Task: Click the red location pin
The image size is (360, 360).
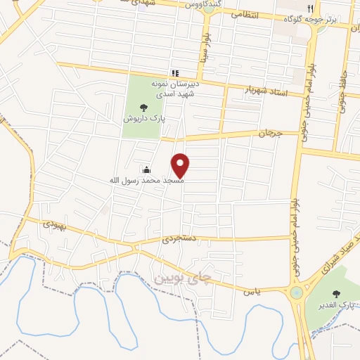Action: [181, 165]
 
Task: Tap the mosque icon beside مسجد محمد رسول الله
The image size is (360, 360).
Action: [146, 169]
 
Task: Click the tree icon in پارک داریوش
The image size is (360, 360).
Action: [143, 108]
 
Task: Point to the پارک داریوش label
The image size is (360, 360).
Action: [143, 119]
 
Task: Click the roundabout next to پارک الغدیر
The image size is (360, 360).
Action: [296, 291]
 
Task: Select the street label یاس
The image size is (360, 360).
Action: [252, 290]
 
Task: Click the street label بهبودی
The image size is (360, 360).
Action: [53, 225]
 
